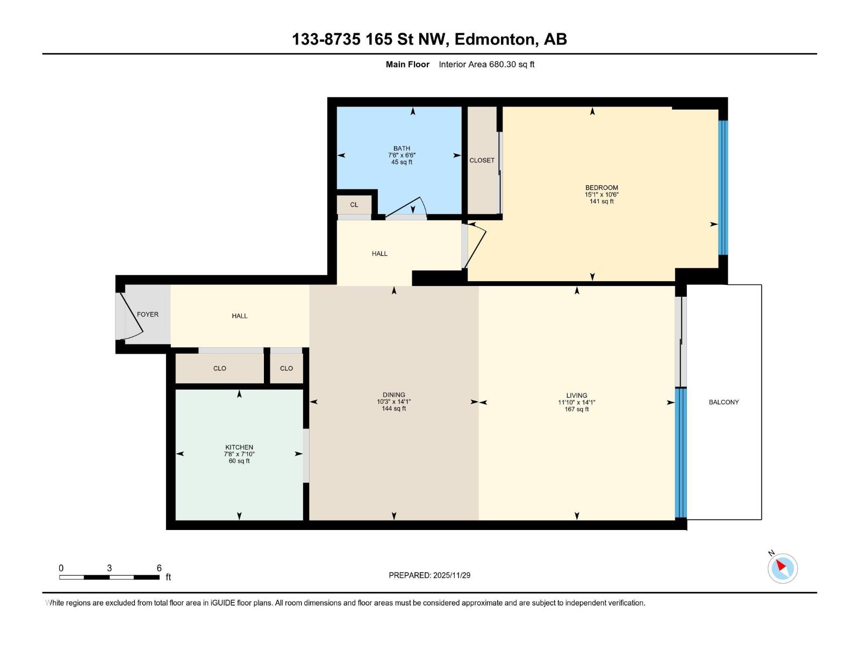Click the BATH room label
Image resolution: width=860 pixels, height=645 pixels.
[402, 148]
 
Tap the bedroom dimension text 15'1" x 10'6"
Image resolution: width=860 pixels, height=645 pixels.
[601, 195]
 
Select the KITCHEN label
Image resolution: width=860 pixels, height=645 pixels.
[239, 447]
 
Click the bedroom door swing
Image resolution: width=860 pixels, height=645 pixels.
[476, 245]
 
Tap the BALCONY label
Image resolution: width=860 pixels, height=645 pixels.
[723, 402]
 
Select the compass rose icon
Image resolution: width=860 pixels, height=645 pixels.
[783, 568]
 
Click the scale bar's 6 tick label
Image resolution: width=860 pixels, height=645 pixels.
[159, 568]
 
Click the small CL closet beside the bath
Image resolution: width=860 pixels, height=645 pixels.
[354, 205]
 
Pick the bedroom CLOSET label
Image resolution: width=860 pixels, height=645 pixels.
[482, 160]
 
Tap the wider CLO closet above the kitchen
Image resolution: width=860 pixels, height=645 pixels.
[220, 368]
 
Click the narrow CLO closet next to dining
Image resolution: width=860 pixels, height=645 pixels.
[286, 368]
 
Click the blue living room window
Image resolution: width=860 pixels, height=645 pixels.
[680, 453]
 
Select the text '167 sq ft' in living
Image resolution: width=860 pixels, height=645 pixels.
[577, 409]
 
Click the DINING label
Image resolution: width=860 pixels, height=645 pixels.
[394, 395]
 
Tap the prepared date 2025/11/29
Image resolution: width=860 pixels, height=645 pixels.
[451, 575]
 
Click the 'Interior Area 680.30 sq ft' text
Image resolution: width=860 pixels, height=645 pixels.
[486, 64]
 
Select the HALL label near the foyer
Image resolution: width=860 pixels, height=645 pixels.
[240, 316]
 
